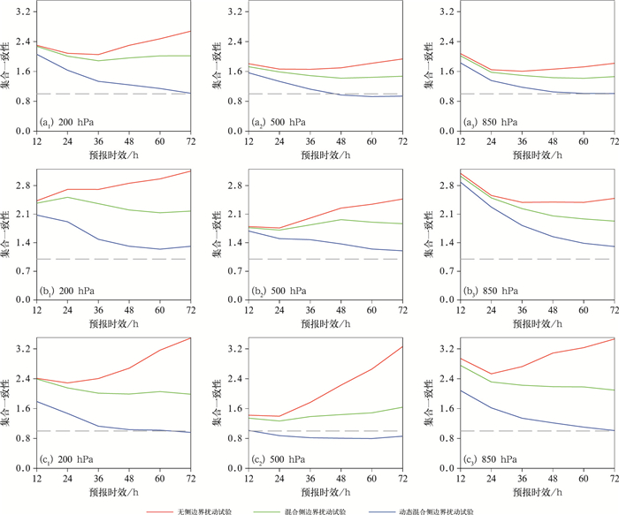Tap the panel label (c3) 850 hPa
coord(489,459)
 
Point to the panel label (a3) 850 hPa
coord(489,122)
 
